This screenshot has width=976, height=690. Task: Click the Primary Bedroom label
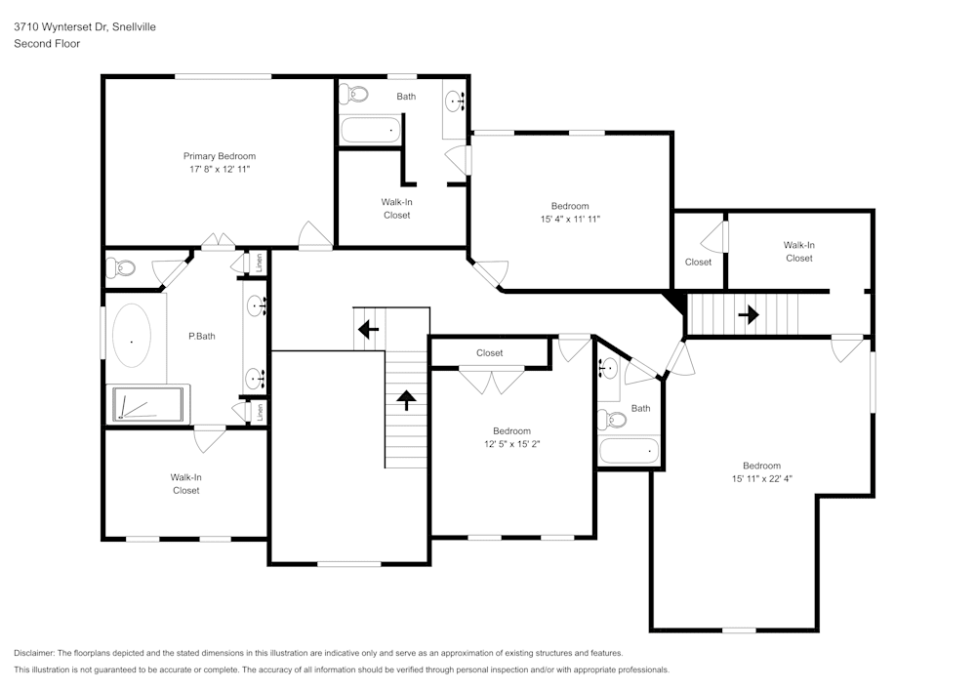tap(219, 156)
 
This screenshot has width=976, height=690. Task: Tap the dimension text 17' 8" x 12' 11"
tap(220, 169)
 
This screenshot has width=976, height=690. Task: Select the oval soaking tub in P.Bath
tap(132, 336)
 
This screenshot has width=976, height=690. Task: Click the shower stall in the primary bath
tap(148, 404)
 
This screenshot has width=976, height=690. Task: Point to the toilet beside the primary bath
tap(121, 268)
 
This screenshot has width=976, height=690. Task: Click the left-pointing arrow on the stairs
tap(369, 329)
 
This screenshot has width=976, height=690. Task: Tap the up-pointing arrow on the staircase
tap(406, 400)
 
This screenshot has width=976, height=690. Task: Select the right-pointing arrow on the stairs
tap(749, 315)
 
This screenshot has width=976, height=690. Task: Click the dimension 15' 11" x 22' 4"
tap(762, 479)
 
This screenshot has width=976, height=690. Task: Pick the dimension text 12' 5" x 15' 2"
tap(512, 444)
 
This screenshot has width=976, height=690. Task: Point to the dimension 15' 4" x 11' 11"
tap(570, 219)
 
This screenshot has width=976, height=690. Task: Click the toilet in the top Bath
tap(353, 95)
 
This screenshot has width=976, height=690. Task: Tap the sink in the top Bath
tap(455, 101)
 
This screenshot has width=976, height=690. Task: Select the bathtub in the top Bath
tap(371, 130)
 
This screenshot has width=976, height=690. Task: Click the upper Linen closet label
tap(260, 262)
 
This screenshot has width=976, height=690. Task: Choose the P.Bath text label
tap(202, 337)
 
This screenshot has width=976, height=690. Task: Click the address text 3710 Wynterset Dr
tap(60, 26)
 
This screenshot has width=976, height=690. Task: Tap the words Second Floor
tap(47, 44)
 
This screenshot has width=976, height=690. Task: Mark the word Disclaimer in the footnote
tap(33, 653)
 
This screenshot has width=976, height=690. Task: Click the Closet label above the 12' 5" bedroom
tap(489, 352)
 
